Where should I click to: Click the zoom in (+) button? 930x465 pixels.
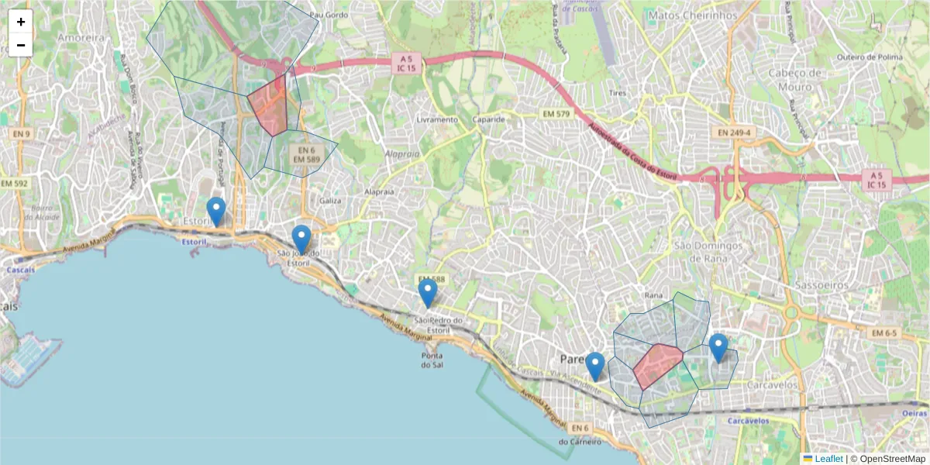[x=21, y=22]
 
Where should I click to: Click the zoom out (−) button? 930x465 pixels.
[x=21, y=45]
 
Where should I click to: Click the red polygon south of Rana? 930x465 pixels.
[x=656, y=364]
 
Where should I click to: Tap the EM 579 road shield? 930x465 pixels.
[x=556, y=114]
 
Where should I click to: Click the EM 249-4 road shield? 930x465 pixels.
[x=734, y=133]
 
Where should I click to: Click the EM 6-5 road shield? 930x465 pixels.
[x=883, y=333]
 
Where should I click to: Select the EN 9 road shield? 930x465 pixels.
[x=21, y=133]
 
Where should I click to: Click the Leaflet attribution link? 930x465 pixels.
[x=828, y=459]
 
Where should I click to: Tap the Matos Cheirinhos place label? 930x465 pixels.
[x=682, y=15]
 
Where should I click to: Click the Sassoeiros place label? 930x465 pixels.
[x=821, y=285]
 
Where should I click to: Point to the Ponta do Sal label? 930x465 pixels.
[x=432, y=360]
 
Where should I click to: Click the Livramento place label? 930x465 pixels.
[x=437, y=120]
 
